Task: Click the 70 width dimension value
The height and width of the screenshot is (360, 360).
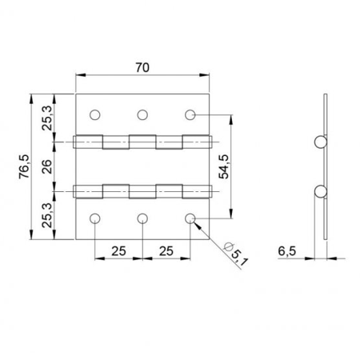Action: (x=142, y=69)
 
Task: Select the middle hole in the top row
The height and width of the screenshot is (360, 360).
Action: (x=142, y=115)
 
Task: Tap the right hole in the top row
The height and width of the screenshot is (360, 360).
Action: (x=190, y=115)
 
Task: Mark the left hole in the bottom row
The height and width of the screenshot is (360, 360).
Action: (x=95, y=218)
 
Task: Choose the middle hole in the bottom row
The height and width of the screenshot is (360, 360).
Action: (x=142, y=218)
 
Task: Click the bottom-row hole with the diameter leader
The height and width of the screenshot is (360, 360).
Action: (x=190, y=218)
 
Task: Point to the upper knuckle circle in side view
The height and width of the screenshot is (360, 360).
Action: (x=320, y=142)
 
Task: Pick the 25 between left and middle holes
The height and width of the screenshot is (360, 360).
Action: (x=118, y=251)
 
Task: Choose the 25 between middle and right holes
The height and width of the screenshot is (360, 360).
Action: (x=166, y=251)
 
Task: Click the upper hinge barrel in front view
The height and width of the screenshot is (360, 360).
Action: (x=142, y=142)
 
